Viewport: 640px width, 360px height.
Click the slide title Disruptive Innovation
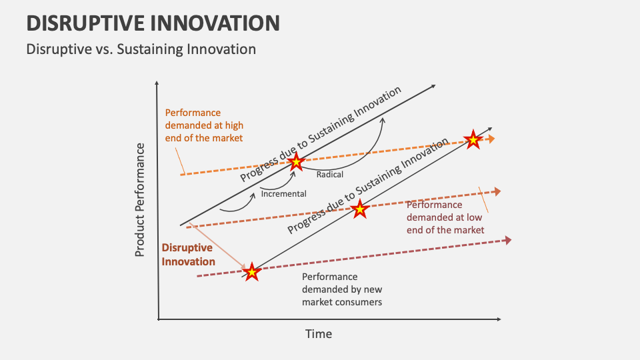[x=153, y=23]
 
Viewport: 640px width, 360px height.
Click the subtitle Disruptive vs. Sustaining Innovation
[x=141, y=49]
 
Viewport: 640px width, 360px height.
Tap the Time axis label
[x=319, y=333]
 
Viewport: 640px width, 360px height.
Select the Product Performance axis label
[x=140, y=199]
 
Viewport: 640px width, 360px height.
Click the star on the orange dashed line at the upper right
[x=473, y=140]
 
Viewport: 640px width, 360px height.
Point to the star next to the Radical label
[x=296, y=162]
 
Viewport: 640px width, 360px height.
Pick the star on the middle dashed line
[x=360, y=209]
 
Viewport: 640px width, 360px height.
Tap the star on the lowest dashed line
[x=251, y=271]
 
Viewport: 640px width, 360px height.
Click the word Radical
[x=330, y=174]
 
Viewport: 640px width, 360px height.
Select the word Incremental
[x=284, y=194]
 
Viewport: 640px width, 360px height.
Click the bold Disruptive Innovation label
[x=188, y=255]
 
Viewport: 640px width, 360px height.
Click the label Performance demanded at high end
[x=204, y=125]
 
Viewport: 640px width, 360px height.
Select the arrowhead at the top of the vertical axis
[x=157, y=85]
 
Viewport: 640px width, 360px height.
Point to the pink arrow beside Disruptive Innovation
[x=216, y=242]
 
